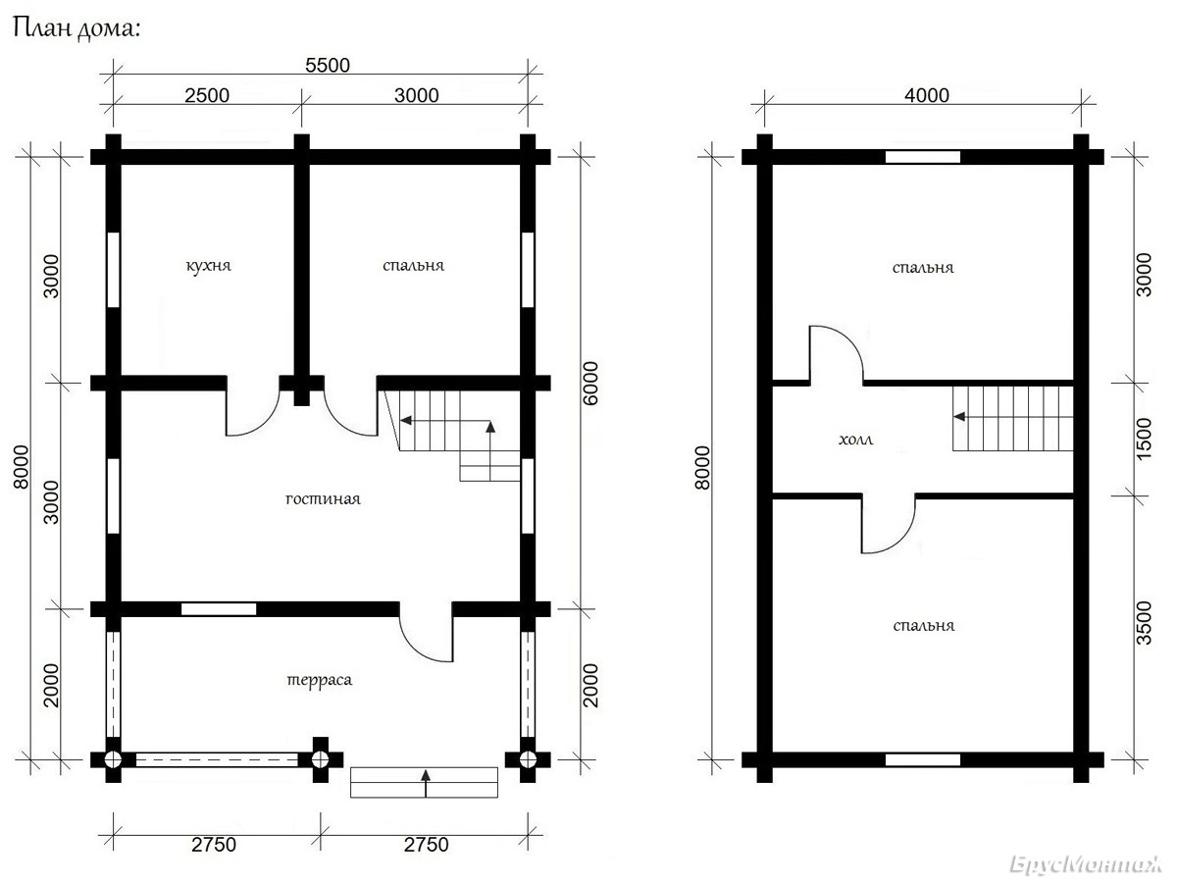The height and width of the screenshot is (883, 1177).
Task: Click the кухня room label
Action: [208, 266]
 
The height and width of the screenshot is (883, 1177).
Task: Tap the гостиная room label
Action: [323, 499]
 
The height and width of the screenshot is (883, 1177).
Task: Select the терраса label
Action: [320, 680]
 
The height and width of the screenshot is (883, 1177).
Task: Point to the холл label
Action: [856, 441]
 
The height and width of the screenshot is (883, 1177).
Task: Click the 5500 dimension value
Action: [328, 66]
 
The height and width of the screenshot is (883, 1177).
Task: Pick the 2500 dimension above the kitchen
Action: [207, 95]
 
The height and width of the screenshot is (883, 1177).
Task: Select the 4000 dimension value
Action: [927, 95]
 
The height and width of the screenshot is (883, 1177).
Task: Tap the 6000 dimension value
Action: [589, 384]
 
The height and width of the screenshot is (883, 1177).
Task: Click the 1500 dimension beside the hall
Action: [1144, 439]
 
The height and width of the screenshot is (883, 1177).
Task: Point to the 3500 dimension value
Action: [1144, 623]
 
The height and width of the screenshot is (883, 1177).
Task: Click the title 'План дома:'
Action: [77, 28]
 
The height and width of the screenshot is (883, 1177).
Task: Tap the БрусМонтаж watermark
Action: [1086, 864]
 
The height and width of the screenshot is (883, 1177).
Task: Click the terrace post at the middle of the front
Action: [320, 759]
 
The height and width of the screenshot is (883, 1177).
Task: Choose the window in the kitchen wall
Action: [113, 270]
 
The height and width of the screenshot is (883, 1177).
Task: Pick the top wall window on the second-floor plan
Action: [922, 157]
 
